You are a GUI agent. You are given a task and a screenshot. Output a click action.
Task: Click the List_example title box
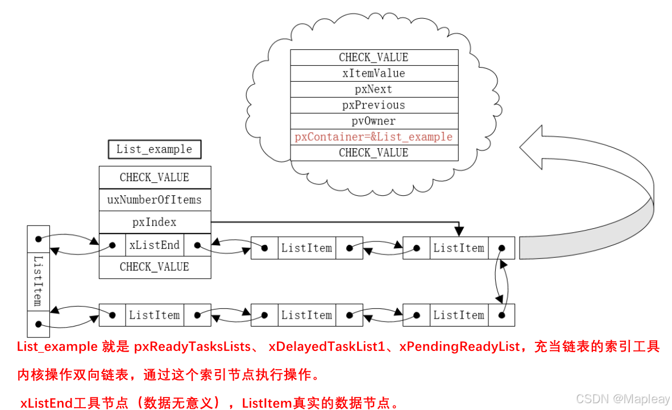pos(154,149)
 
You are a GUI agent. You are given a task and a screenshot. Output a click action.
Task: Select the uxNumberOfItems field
pos(155,200)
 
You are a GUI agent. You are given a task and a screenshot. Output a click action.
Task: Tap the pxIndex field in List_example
pos(155,222)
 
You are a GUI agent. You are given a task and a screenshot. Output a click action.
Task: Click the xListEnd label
pos(155,245)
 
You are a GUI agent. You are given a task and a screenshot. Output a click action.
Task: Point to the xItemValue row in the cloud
pos(374,73)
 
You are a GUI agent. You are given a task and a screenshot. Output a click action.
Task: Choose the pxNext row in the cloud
pos(374,89)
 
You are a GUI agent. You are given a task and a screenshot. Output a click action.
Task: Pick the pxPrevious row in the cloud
pos(374,105)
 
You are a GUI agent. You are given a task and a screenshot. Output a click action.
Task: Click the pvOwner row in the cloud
pos(374,121)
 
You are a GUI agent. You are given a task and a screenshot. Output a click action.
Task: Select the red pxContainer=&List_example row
pos(374,137)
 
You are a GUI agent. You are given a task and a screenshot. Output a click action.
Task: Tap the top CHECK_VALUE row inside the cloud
pos(374,57)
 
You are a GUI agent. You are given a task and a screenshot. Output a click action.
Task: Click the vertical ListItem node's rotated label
pos(39,281)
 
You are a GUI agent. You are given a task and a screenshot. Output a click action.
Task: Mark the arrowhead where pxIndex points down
pos(459,231)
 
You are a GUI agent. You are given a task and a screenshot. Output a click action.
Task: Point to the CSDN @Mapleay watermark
pos(623,399)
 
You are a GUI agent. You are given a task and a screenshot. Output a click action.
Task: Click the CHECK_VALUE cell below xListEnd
pos(155,267)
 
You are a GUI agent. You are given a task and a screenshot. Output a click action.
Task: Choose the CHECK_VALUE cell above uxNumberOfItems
pos(155,177)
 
